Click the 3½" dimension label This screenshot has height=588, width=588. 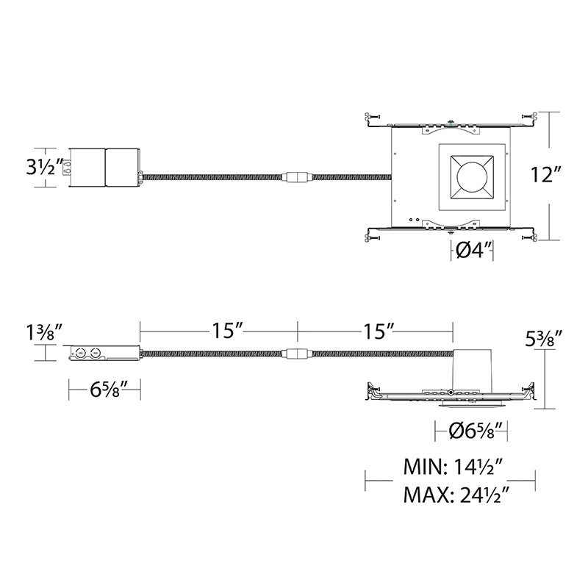coord(44,168)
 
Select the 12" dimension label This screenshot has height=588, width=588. coord(545,175)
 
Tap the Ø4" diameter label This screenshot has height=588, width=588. coord(473,250)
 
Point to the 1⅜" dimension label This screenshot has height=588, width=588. coord(44,333)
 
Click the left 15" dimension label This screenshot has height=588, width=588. coord(228,331)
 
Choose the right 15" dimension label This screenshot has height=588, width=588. coord(379,331)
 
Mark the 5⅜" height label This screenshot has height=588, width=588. coord(543,339)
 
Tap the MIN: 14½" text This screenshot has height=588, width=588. coord(453,467)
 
